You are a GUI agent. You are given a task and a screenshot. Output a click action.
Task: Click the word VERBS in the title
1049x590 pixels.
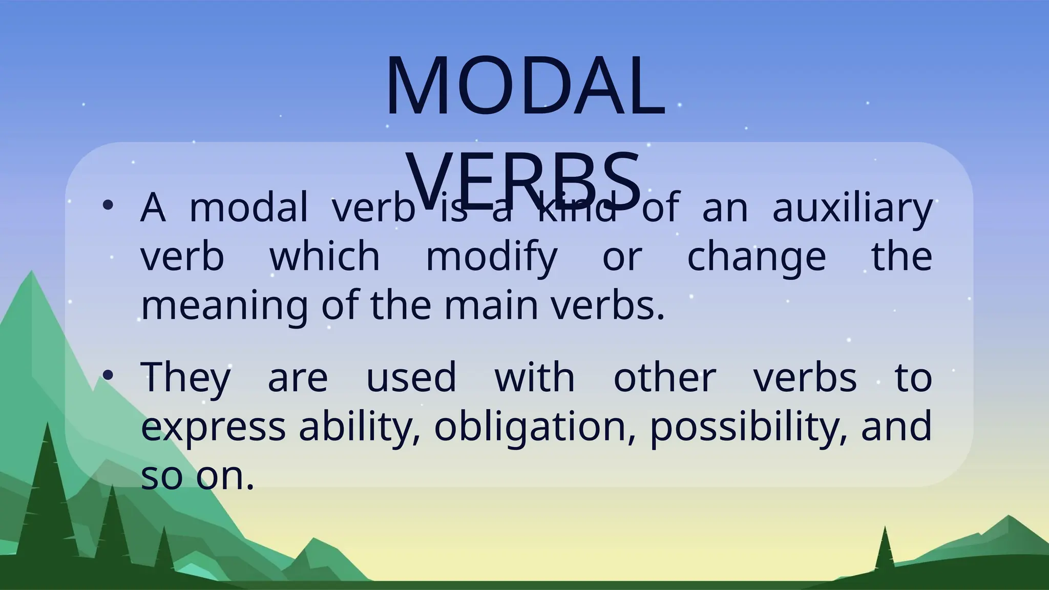(x=525, y=179)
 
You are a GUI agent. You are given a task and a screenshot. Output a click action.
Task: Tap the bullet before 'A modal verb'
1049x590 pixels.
(x=108, y=205)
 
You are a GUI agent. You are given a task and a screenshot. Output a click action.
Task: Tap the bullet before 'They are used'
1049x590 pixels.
(x=108, y=375)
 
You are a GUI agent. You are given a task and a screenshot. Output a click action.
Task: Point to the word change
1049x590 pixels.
(x=757, y=257)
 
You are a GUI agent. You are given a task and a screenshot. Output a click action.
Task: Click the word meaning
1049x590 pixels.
(x=224, y=306)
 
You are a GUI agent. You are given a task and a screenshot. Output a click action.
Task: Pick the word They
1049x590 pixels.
(x=185, y=378)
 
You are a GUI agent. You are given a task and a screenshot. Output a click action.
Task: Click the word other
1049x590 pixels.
(x=664, y=378)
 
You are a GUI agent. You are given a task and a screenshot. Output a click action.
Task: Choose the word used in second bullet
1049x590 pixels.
(x=411, y=378)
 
